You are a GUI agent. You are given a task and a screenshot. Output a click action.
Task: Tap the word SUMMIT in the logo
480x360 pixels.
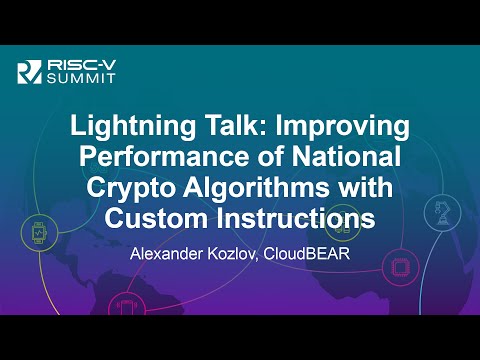[x=75, y=80]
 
